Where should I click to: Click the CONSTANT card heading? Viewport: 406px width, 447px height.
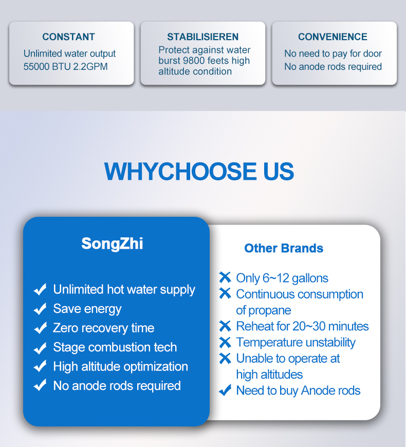point(68,37)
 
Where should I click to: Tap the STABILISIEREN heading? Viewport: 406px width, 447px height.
point(202,37)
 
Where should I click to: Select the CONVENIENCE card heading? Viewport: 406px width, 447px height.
point(333,37)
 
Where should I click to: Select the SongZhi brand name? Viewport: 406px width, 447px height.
point(112,244)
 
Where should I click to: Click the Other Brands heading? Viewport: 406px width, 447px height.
point(284,248)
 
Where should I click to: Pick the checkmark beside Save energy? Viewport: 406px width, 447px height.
point(40,309)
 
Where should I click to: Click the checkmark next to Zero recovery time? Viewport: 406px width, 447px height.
point(40,328)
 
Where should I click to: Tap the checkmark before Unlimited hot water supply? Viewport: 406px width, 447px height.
point(40,289)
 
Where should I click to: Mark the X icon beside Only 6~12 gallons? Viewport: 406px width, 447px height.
point(225,277)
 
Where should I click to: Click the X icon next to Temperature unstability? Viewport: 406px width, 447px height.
point(225,342)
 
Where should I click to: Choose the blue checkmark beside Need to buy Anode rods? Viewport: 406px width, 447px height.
point(225,390)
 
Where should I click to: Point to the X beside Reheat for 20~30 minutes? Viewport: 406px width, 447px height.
point(225,326)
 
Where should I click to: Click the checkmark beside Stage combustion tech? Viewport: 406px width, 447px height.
point(40,348)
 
